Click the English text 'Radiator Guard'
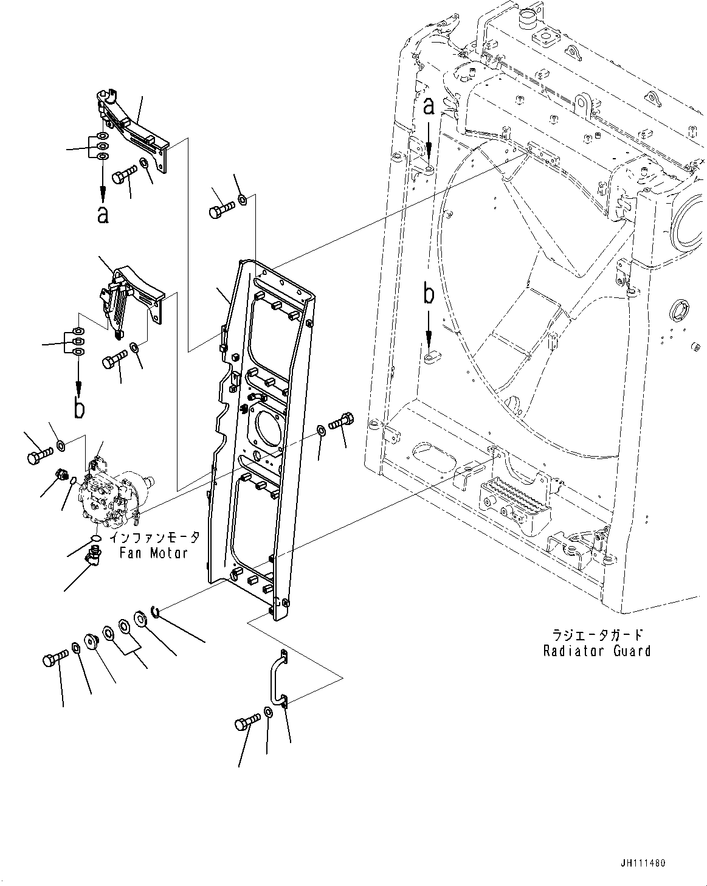pyautogui.click(x=597, y=651)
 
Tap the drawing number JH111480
pyautogui.click(x=643, y=863)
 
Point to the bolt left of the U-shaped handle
pyautogui.click(x=244, y=724)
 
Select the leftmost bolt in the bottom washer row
pyautogui.click(x=54, y=660)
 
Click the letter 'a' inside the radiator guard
pyautogui.click(x=429, y=107)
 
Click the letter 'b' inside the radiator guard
pyautogui.click(x=429, y=295)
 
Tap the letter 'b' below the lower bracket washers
pyautogui.click(x=79, y=408)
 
